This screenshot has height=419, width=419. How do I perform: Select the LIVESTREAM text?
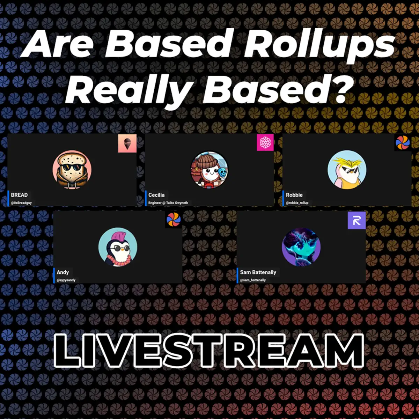pyautogui.click(x=209, y=350)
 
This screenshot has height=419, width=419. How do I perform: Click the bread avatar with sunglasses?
pyautogui.click(x=72, y=170)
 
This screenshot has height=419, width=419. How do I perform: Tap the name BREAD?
pyautogui.click(x=19, y=195)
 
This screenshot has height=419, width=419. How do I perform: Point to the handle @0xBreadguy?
pyautogui.click(x=21, y=203)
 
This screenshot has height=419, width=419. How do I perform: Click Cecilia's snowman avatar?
pyautogui.click(x=209, y=170)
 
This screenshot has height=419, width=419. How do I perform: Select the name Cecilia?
pyautogui.click(x=156, y=195)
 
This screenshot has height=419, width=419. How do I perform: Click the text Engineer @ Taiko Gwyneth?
pyautogui.click(x=168, y=203)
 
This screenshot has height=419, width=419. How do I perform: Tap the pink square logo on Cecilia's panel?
pyautogui.click(x=265, y=142)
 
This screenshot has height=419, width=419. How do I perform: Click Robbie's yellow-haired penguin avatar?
pyautogui.click(x=347, y=170)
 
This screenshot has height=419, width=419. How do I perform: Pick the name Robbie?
pyautogui.click(x=294, y=195)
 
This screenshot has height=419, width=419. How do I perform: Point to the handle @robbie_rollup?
pyautogui.click(x=297, y=203)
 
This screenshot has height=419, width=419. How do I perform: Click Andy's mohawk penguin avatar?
pyautogui.click(x=118, y=247)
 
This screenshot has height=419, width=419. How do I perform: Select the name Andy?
pyautogui.click(x=63, y=272)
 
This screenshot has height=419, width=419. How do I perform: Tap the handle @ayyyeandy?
pyautogui.click(x=66, y=280)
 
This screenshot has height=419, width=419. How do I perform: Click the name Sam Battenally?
pyautogui.click(x=258, y=272)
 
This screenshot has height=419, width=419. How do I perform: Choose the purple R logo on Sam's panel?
pyautogui.click(x=356, y=220)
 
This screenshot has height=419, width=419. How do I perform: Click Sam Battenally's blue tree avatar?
pyautogui.click(x=301, y=247)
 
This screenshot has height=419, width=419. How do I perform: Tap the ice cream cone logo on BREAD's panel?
pyautogui.click(x=127, y=144)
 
